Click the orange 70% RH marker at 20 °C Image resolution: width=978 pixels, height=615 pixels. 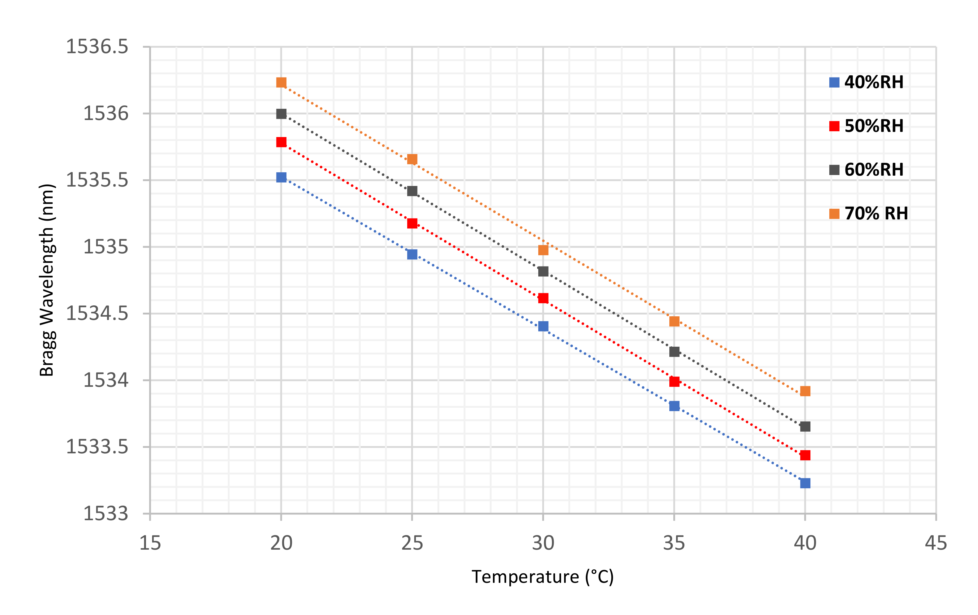tap(281, 82)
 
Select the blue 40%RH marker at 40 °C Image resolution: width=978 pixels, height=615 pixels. tap(805, 483)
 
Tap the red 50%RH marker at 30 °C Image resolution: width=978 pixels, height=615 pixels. tap(543, 298)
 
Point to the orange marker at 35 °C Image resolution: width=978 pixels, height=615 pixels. tap(674, 321)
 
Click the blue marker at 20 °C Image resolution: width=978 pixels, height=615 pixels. tap(281, 177)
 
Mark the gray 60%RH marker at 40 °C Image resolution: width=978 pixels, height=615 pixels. tap(805, 427)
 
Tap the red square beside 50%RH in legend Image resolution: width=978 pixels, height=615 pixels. tap(834, 126)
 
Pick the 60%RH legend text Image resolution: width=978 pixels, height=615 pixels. tap(874, 170)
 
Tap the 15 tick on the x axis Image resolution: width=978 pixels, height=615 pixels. tap(150, 543)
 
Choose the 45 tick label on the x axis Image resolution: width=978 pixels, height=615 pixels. tap(936, 543)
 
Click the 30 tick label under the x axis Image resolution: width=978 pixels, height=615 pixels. tap(543, 543)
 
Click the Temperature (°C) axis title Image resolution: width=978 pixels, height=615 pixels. tap(543, 577)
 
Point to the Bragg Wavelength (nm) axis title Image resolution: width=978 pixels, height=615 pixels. tap(47, 280)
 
